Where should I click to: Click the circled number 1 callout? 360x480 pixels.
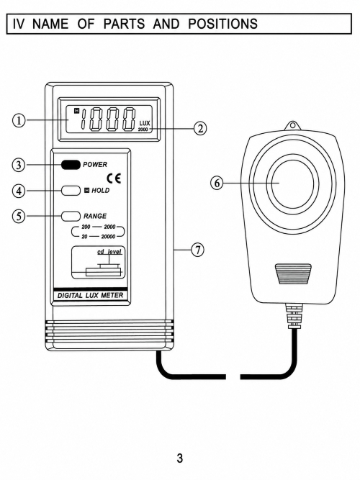coord(19,120)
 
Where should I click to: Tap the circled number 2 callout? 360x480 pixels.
coord(200,128)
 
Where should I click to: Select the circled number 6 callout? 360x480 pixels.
coord(217,183)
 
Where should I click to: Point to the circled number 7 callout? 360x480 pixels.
coord(198,250)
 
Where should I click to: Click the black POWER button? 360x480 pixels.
coord(71,165)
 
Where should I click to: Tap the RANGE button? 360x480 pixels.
coord(71,216)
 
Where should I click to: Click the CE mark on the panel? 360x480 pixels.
coord(114,178)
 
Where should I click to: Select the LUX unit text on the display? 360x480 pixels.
coord(145,123)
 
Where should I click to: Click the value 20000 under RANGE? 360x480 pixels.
coord(108,237)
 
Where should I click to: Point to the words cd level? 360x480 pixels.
coord(109,252)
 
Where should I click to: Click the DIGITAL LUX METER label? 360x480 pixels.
coord(91,296)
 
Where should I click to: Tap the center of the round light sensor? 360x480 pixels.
coord(292,183)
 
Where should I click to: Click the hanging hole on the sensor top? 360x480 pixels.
coord(292,125)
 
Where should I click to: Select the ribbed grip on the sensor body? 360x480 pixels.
coord(293,274)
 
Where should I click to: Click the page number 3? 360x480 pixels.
coord(180,458)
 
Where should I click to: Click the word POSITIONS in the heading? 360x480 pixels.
coord(222,24)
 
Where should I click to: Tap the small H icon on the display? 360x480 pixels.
coord(77,111)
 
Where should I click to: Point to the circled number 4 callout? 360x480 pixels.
coord(19,191)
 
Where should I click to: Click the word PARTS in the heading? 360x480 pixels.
coord(124,24)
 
